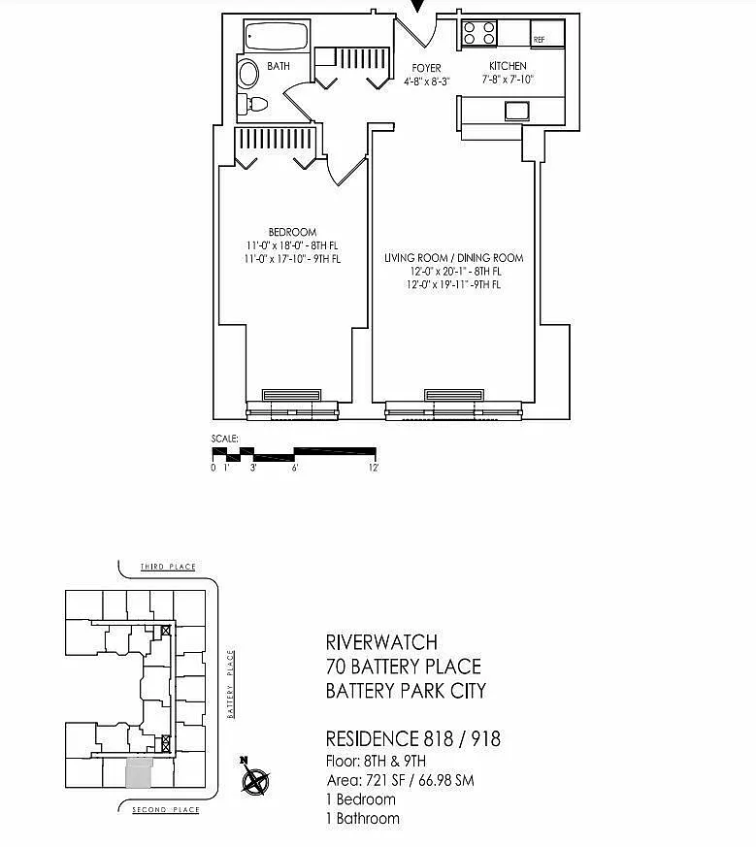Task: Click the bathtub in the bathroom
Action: pos(277,36)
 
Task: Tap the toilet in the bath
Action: pos(253,104)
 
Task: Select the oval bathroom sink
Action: pos(248,74)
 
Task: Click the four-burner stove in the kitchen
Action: pos(478,32)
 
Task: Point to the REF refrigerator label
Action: pos(539,40)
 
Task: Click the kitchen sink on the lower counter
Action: pos(517,111)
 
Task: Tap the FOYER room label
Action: pos(426,68)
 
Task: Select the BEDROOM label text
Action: pos(292,232)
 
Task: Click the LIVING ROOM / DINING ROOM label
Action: pos(454,258)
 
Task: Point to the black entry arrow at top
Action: pos(417,6)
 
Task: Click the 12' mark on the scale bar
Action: pos(374,468)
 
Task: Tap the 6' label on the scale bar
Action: pos(295,468)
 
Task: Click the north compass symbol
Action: pos(255,779)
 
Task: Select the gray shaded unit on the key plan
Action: pos(139,772)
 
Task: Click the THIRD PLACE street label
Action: pos(168,567)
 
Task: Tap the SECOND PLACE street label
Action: pos(166,810)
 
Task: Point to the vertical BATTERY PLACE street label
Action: pos(231,684)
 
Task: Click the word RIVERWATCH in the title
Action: pos(381,642)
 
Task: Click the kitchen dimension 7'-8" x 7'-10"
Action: pos(508,80)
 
